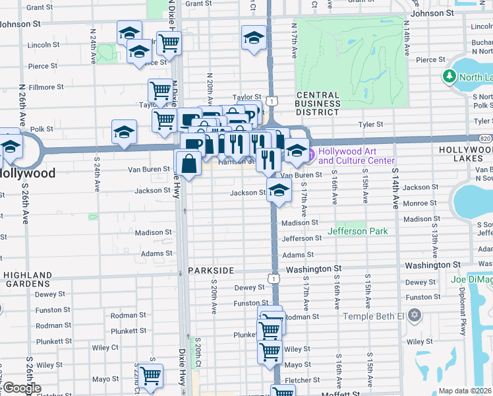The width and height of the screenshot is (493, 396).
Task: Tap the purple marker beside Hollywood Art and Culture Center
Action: click(310, 156)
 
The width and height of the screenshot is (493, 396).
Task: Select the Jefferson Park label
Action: click(358, 231)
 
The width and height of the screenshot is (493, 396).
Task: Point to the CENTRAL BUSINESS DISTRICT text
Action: click(317, 104)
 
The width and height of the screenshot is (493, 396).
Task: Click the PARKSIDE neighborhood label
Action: click(211, 271)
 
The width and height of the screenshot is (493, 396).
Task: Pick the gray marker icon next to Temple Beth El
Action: click(414, 315)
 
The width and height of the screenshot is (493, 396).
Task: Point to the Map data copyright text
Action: click(465, 391)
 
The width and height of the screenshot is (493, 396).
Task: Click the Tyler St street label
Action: click(370, 124)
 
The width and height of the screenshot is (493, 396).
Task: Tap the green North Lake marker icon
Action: click(450, 77)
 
